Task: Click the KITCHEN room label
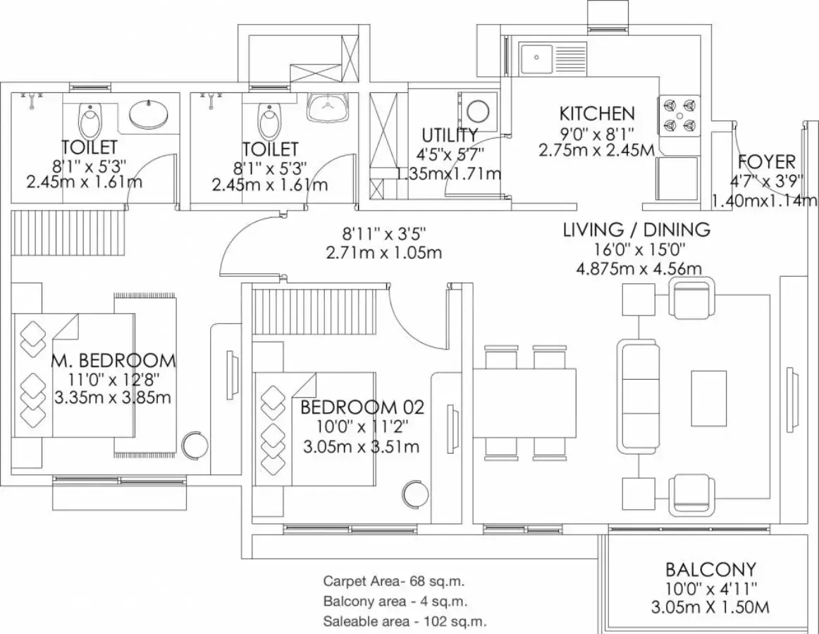pos(597,113)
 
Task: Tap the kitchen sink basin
pos(536,58)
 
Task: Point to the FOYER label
pos(767,162)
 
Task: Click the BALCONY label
pos(710,569)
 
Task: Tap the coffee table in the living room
pos(709,398)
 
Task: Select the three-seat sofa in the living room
pos(636,397)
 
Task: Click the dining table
pos(524,402)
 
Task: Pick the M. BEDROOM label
pos(114,361)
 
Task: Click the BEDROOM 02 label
pos(362,406)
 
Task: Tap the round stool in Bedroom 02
pos(416,493)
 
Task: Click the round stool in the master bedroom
pos(195,445)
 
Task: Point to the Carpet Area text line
pos(394,580)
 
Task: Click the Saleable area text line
pos(405,621)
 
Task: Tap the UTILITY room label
pos(450,135)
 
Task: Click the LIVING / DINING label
pos(636,229)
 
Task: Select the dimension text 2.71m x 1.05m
pos(384,253)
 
